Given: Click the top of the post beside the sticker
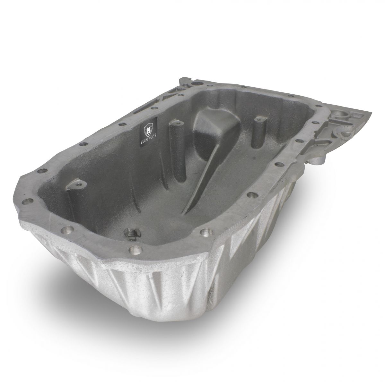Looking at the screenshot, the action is (x=176, y=122).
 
